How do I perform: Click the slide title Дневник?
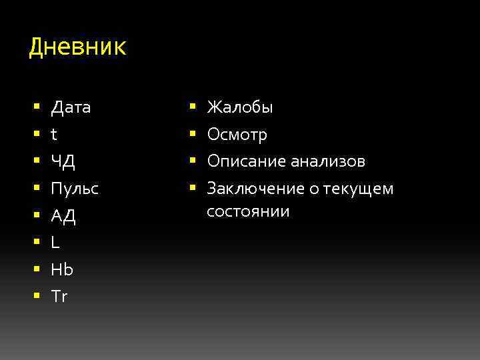coord(77,48)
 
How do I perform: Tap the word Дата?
coord(71,107)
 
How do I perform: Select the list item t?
coord(54,135)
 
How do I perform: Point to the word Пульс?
coord(75,189)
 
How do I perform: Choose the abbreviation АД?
coord(63,216)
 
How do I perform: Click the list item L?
coord(55,243)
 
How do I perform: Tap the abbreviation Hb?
coord(62,269)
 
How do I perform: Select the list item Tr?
coord(59,297)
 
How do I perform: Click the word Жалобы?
coord(240,107)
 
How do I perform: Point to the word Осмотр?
coord(237,135)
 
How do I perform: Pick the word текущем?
coord(361,189)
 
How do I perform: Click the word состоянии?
coord(248,212)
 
